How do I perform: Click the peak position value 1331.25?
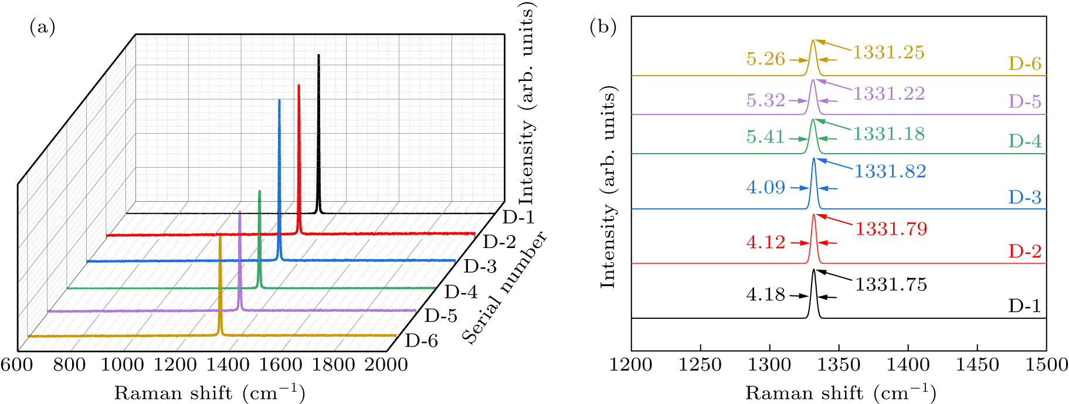(x=888, y=52)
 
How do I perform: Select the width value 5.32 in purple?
(x=765, y=100)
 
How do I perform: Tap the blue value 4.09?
(x=765, y=188)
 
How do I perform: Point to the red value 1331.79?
(x=891, y=228)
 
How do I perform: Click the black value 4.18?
(x=765, y=294)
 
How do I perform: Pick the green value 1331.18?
(x=888, y=134)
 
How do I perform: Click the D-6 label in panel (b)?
(x=1024, y=63)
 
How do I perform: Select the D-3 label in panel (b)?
(x=1024, y=197)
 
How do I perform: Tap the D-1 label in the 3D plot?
(x=519, y=218)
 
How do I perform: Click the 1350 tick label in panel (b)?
(x=839, y=365)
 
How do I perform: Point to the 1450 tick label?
(x=977, y=365)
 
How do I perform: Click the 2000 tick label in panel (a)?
(x=386, y=365)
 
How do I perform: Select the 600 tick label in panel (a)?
(x=16, y=365)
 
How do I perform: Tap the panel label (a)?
(x=42, y=27)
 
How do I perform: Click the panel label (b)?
(x=603, y=27)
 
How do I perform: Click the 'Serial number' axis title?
(x=504, y=287)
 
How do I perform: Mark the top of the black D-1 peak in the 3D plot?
(x=318, y=55)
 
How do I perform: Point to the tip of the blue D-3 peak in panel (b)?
(x=814, y=159)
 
